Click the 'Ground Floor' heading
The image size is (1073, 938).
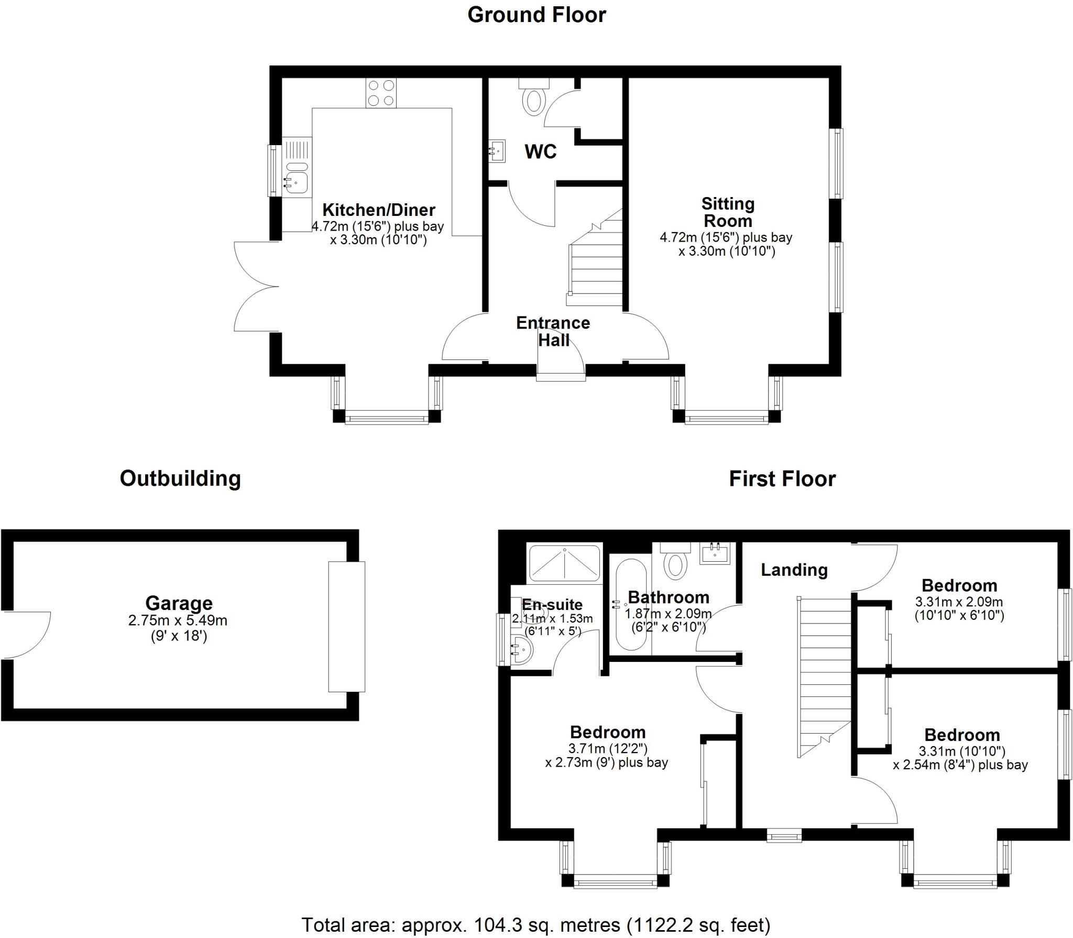coord(536,15)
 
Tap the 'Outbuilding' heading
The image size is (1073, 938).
coord(180,478)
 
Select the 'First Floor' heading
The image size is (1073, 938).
coord(782,479)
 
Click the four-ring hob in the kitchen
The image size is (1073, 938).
coord(381,93)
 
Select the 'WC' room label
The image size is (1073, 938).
coord(540,152)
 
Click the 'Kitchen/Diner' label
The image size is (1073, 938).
coord(378,210)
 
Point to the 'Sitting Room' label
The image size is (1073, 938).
coord(728,212)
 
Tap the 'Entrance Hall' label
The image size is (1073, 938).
coord(553,331)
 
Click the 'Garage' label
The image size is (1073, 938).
coord(179,603)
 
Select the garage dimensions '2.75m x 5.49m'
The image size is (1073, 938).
coord(178,621)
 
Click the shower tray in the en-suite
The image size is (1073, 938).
coord(564,563)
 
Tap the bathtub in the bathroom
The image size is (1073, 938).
coord(630,605)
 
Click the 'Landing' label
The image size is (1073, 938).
coord(794,570)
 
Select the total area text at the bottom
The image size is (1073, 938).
coord(535,924)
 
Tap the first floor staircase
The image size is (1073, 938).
coord(824,676)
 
